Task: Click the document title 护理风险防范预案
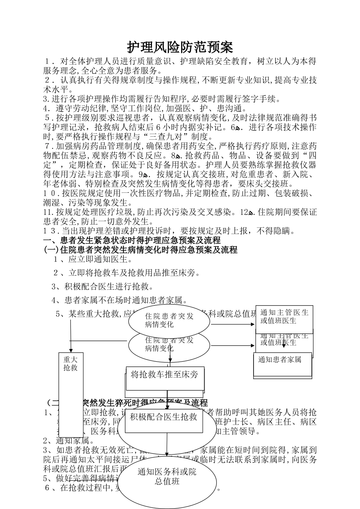(180, 47)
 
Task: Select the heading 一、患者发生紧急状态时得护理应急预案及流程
(132, 240)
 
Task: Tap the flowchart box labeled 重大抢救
(70, 364)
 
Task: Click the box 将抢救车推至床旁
(164, 375)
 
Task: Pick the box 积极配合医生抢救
(164, 417)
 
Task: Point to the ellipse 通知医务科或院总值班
(167, 476)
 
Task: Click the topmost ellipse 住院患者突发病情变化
(169, 320)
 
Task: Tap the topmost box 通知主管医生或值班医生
(284, 317)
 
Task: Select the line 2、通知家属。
(68, 440)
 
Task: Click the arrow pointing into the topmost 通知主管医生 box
(233, 324)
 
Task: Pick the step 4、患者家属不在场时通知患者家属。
(120, 300)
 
